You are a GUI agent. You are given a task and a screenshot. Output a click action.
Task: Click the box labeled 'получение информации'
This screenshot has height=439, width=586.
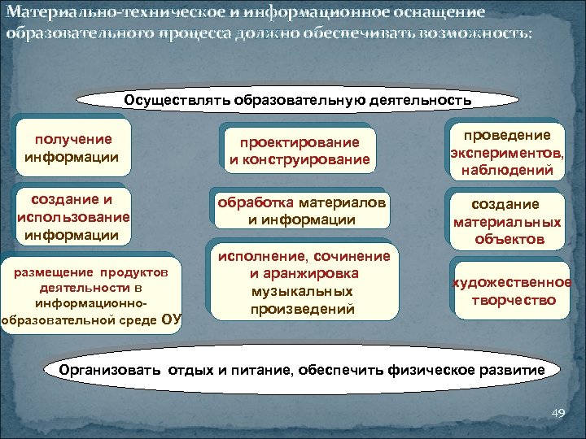coord(72,148)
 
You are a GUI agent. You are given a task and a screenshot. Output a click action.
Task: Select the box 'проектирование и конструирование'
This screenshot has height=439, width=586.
coord(300,150)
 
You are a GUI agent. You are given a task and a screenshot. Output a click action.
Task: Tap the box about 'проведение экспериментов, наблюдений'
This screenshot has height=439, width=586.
coord(505,152)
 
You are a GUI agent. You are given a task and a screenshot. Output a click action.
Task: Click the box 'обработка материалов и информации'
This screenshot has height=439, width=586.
coord(300,211)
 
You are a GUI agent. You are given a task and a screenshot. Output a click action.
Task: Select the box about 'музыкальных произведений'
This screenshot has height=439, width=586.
coord(303,282)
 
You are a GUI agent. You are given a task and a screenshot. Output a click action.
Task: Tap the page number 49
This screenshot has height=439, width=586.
coord(558,414)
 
